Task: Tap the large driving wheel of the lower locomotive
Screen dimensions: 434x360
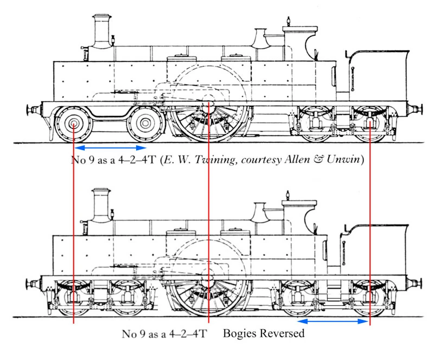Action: [208, 296]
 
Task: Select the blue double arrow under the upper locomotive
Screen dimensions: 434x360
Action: [111, 148]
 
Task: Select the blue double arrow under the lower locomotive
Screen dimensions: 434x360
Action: [333, 322]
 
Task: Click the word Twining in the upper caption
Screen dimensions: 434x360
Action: [215, 160]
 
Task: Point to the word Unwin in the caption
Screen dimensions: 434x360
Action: [343, 159]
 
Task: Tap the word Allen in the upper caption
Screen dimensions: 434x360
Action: [297, 159]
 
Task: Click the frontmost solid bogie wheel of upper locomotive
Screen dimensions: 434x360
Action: [74, 124]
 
